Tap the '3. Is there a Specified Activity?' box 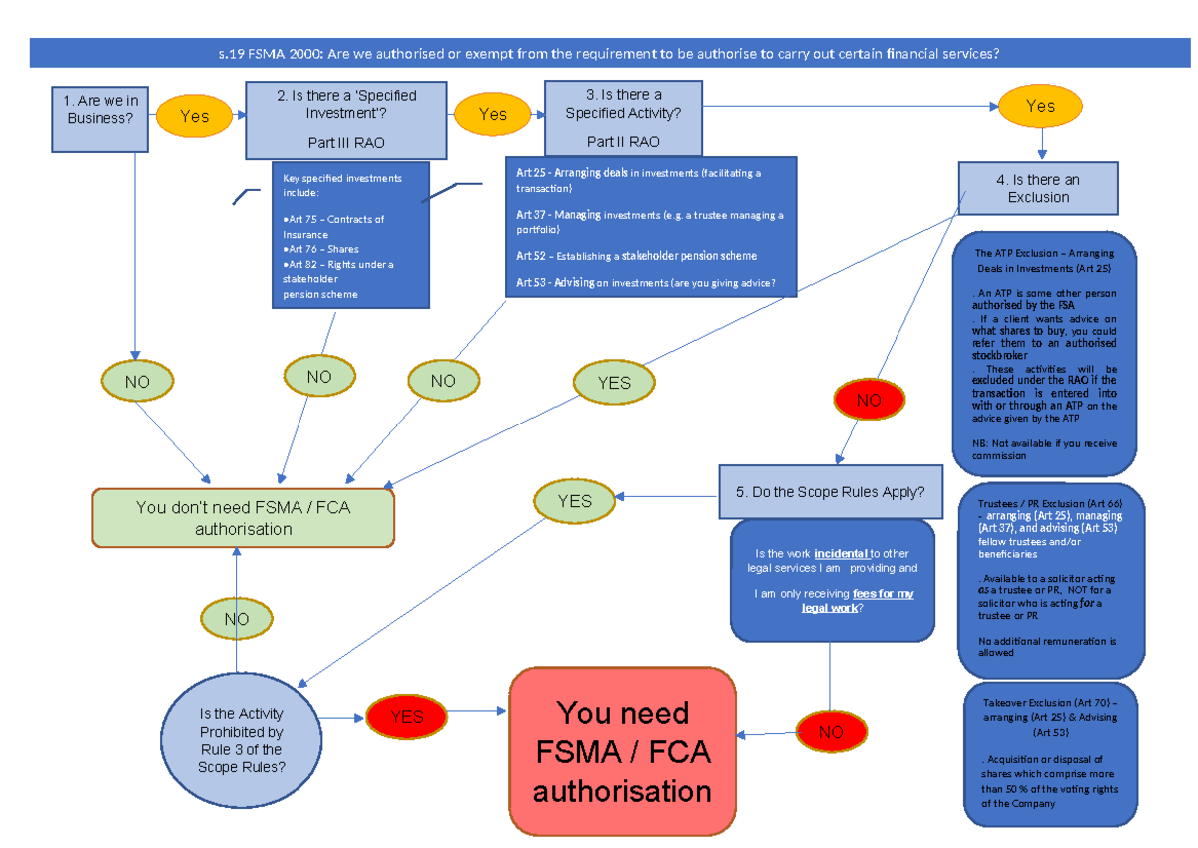coord(623,118)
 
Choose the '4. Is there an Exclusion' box coord(1038,188)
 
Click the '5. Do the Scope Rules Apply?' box coord(830,492)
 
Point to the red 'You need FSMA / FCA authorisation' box coord(622,751)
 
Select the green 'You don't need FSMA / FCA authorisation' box coord(243,518)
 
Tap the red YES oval coord(406,716)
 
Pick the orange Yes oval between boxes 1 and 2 coord(194,116)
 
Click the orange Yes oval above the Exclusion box coord(1040,106)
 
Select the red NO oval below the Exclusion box coord(869,400)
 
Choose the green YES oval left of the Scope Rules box coord(574,501)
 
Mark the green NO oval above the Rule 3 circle coord(237,619)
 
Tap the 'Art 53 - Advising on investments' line coord(645,283)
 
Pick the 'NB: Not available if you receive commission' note coord(1044,448)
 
